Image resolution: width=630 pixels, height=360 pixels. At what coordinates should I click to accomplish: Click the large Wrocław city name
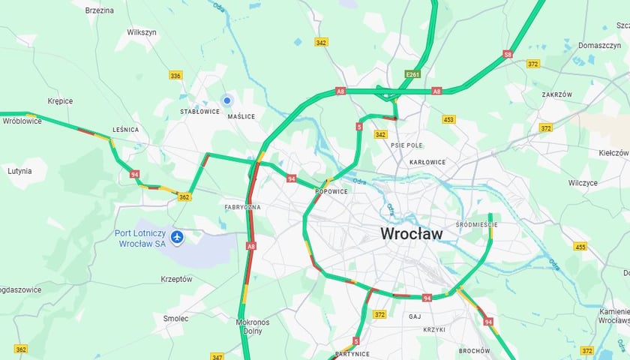[x=412, y=233]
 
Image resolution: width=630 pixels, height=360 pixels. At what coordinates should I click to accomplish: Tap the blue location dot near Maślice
[x=226, y=100]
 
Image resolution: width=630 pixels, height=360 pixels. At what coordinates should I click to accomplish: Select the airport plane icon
[x=177, y=238]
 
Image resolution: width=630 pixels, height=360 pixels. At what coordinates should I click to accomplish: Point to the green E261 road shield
[x=412, y=75]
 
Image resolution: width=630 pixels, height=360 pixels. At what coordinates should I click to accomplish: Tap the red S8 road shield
[x=508, y=54]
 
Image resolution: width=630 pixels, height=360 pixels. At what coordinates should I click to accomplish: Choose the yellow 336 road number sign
[x=175, y=76]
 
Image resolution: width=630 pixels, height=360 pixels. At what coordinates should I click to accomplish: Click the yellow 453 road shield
[x=448, y=119]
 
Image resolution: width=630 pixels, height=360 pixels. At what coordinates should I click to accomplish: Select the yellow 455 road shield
[x=580, y=247]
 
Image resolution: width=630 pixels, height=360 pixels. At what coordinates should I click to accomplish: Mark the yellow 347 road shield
[x=217, y=356]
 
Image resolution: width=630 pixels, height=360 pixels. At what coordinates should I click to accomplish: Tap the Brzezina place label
[x=99, y=10]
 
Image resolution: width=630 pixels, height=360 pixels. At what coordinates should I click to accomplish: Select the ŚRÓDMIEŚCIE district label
[x=476, y=224]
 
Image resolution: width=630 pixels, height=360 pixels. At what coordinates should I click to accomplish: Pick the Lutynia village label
[x=19, y=171]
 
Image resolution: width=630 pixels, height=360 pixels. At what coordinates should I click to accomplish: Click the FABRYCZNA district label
[x=242, y=206]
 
